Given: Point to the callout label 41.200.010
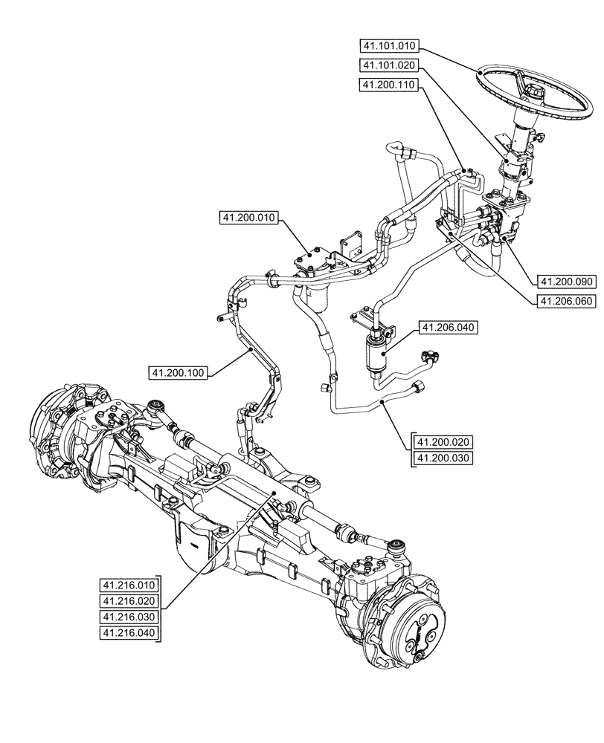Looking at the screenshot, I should [248, 218].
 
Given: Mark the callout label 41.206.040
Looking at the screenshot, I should [449, 327].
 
